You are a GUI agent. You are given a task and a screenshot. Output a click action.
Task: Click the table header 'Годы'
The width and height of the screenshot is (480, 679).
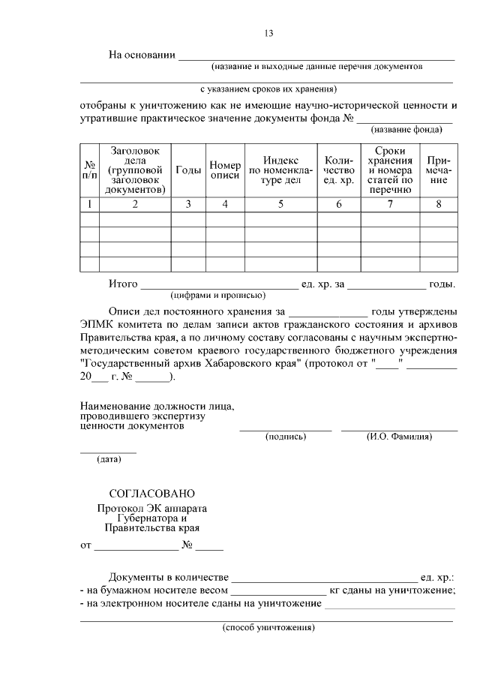point(188,170)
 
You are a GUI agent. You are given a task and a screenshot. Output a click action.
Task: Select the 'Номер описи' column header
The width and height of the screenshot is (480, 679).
point(225,170)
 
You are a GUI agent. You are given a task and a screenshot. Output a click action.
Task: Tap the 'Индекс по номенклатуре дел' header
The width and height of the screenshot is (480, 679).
point(280,170)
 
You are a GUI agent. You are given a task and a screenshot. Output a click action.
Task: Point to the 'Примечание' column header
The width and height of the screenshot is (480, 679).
point(439,170)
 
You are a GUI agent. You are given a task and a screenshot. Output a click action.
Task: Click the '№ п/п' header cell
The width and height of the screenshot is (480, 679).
point(89,170)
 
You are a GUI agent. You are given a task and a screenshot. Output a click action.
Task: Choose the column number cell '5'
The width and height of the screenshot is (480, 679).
point(280,204)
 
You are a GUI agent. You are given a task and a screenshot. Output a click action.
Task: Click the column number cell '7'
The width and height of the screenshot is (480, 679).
point(390,204)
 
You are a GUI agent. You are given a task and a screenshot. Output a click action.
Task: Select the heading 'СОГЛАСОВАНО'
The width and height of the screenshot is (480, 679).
point(152,494)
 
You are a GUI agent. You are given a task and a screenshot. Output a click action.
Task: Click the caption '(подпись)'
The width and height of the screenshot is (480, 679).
point(285,437)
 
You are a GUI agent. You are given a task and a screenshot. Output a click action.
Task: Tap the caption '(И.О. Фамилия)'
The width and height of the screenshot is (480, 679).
point(399,437)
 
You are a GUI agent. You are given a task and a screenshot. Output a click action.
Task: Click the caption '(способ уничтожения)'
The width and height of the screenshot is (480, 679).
point(268,627)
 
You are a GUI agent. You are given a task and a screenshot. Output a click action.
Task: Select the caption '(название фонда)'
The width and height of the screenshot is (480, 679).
point(407,129)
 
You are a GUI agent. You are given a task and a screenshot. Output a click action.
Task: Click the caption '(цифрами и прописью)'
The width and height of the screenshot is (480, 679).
point(217,295)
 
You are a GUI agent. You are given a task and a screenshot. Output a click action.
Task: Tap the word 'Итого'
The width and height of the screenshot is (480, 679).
point(123,284)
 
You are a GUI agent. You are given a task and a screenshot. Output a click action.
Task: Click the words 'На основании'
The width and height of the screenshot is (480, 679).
point(142,55)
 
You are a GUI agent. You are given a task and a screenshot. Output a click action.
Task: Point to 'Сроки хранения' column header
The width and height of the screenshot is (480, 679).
point(390,170)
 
